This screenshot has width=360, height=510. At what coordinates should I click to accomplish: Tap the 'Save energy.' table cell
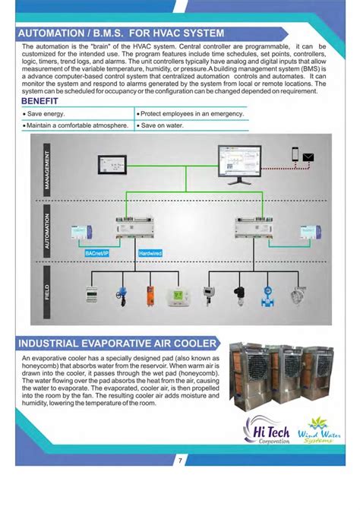[46, 113]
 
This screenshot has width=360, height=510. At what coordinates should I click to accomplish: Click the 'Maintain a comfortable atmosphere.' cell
[77, 125]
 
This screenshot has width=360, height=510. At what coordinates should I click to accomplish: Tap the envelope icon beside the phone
[309, 157]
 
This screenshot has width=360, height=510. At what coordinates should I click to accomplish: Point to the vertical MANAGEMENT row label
[47, 168]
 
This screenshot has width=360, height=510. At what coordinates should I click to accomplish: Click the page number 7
[180, 461]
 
